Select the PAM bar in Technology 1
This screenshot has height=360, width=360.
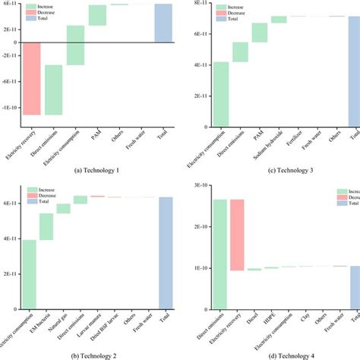(x=97, y=15)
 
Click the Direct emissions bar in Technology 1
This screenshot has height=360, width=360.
(x=53, y=90)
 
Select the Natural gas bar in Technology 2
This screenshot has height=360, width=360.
(x=63, y=208)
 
